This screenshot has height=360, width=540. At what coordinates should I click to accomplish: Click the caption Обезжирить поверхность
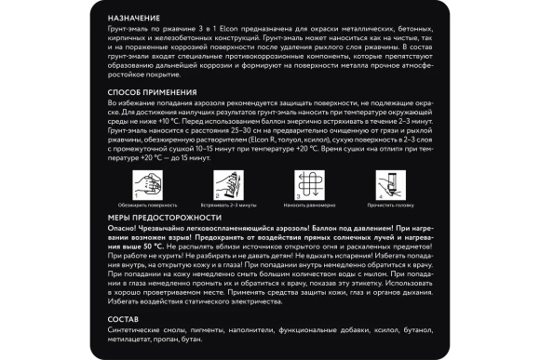pos(146,204)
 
